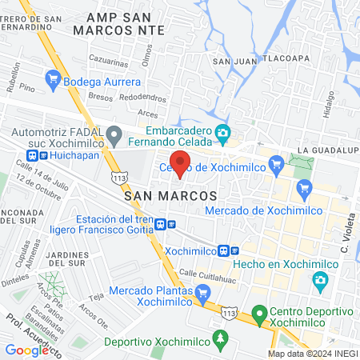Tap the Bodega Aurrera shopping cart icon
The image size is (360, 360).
pyautogui.click(x=54, y=78)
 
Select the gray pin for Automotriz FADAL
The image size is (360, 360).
pyautogui.click(x=114, y=134)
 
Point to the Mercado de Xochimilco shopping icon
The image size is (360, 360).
pyautogui.click(x=303, y=190)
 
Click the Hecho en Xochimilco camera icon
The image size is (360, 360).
pyautogui.click(x=320, y=280)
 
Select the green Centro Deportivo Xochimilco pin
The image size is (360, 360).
pyautogui.click(x=258, y=314)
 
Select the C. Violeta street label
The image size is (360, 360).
pyautogui.click(x=346, y=233)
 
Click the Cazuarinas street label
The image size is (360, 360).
pyautogui.click(x=108, y=61)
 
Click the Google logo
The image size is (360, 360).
pyautogui.click(x=26, y=350)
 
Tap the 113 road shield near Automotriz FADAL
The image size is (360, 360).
pyautogui.click(x=119, y=175)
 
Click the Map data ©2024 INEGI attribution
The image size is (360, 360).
pyautogui.click(x=312, y=354)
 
